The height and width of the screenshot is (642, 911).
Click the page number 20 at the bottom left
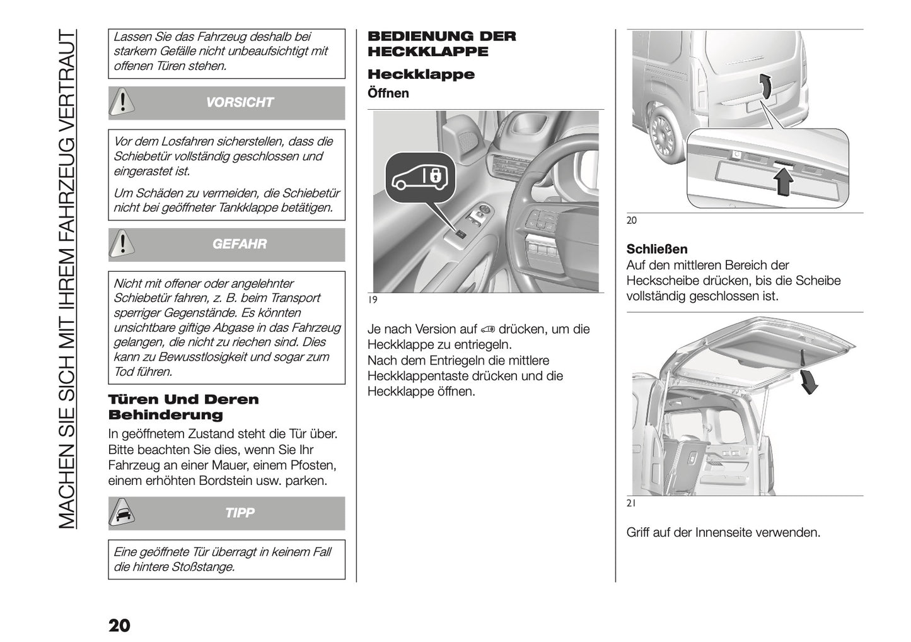[119, 626]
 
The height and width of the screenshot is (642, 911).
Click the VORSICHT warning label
[240, 103]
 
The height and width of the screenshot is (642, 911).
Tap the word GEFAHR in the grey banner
[240, 244]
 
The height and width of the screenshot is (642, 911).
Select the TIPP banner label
[240, 513]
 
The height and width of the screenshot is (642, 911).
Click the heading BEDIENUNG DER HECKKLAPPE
[441, 44]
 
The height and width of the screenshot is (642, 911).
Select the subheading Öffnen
[388, 93]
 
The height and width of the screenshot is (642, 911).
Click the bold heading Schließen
[657, 249]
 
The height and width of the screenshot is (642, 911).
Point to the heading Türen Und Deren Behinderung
[183, 407]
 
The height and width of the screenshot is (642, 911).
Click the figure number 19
[373, 300]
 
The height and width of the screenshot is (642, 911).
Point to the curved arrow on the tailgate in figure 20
[764, 86]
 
